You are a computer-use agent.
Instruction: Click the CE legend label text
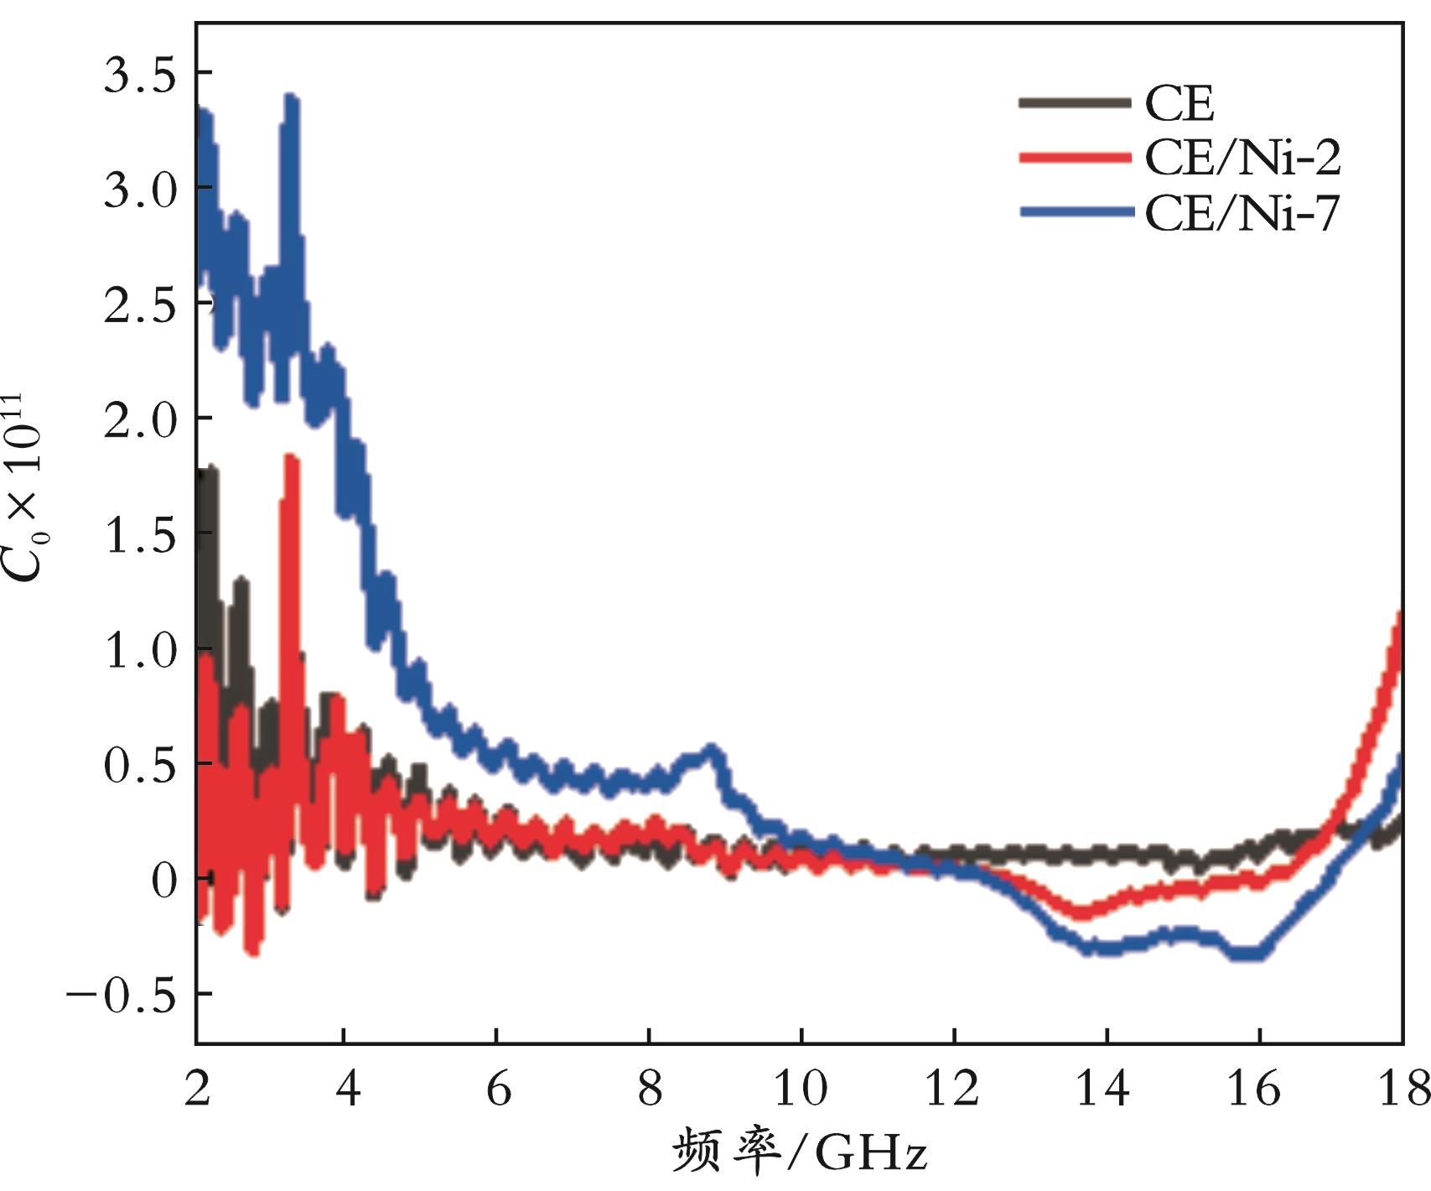[1180, 105]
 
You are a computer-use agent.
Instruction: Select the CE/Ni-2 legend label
[1242, 159]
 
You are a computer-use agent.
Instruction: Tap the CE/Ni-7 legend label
[1242, 214]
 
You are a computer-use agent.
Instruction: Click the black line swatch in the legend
[1074, 103]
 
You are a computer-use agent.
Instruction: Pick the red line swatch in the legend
[1074, 158]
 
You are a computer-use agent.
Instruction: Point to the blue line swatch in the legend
[1074, 213]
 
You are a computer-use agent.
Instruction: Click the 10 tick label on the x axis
[801, 1089]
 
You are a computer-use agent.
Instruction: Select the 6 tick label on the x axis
[498, 1089]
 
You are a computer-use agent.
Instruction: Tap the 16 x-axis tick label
[1257, 1089]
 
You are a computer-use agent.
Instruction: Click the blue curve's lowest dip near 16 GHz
[1249, 953]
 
